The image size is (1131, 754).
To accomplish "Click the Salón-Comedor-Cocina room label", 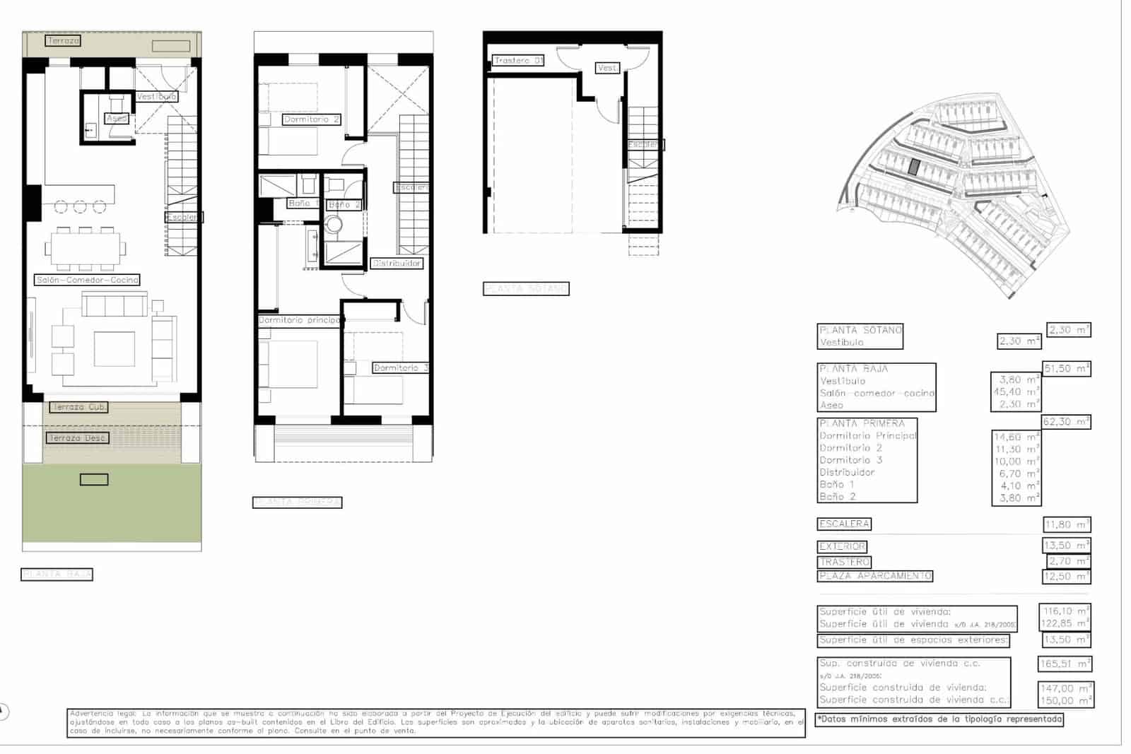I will (87, 280).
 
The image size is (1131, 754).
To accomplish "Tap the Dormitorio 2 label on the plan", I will (311, 119).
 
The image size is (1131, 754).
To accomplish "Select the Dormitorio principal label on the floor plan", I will (300, 320).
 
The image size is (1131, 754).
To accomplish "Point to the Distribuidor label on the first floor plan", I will (397, 263).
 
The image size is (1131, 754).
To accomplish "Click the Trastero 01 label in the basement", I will (518, 61).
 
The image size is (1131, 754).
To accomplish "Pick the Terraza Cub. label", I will (78, 407).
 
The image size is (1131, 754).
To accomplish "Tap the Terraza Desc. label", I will (78, 438).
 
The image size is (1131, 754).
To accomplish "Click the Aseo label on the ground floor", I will (116, 118).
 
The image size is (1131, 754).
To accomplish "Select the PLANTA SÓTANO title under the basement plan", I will (526, 288).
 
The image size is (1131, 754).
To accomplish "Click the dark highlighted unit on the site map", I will (914, 167).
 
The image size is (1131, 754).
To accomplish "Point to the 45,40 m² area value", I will (1016, 392).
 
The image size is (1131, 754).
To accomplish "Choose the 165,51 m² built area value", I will (1065, 664).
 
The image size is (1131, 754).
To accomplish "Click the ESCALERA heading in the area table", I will (844, 524).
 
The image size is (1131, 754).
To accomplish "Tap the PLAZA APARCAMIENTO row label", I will (875, 576).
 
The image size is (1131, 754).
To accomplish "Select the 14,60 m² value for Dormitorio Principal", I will (1016, 437).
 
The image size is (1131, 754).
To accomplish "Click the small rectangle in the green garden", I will (94, 480).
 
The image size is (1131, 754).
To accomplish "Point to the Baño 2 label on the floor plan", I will (344, 205).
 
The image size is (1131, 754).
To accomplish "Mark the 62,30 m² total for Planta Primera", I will (1066, 422).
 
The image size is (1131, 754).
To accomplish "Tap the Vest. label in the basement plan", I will (607, 68).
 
